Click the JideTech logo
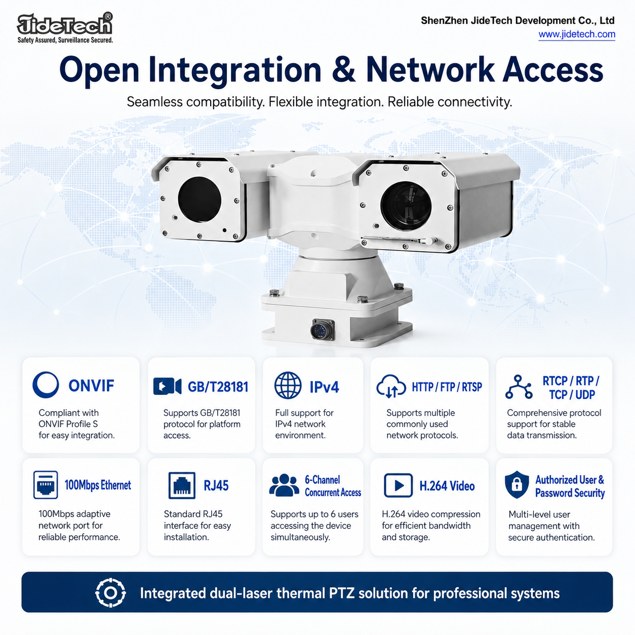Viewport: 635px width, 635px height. (65, 28)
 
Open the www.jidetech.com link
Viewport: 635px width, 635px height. (577, 34)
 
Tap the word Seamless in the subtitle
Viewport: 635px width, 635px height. (154, 102)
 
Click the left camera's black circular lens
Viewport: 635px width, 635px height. (200, 199)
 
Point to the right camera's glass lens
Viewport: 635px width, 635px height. (406, 206)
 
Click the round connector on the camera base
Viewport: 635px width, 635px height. (322, 329)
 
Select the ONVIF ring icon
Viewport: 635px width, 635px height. (46, 384)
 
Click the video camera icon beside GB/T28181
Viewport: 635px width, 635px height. (168, 386)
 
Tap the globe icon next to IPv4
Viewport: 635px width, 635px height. (288, 385)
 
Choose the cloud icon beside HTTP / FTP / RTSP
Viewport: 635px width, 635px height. (391, 386)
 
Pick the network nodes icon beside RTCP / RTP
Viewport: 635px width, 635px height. (519, 387)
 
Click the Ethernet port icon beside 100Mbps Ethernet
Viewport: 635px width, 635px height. (46, 485)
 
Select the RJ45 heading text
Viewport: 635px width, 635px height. (216, 486)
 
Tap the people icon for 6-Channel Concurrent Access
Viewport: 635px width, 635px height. (284, 485)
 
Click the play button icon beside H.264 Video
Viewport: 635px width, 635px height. (398, 486)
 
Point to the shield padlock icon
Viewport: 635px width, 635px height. (517, 484)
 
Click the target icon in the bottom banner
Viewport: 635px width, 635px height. (110, 593)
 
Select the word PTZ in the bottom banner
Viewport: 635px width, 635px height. (342, 593)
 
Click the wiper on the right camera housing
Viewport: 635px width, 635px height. (399, 239)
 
